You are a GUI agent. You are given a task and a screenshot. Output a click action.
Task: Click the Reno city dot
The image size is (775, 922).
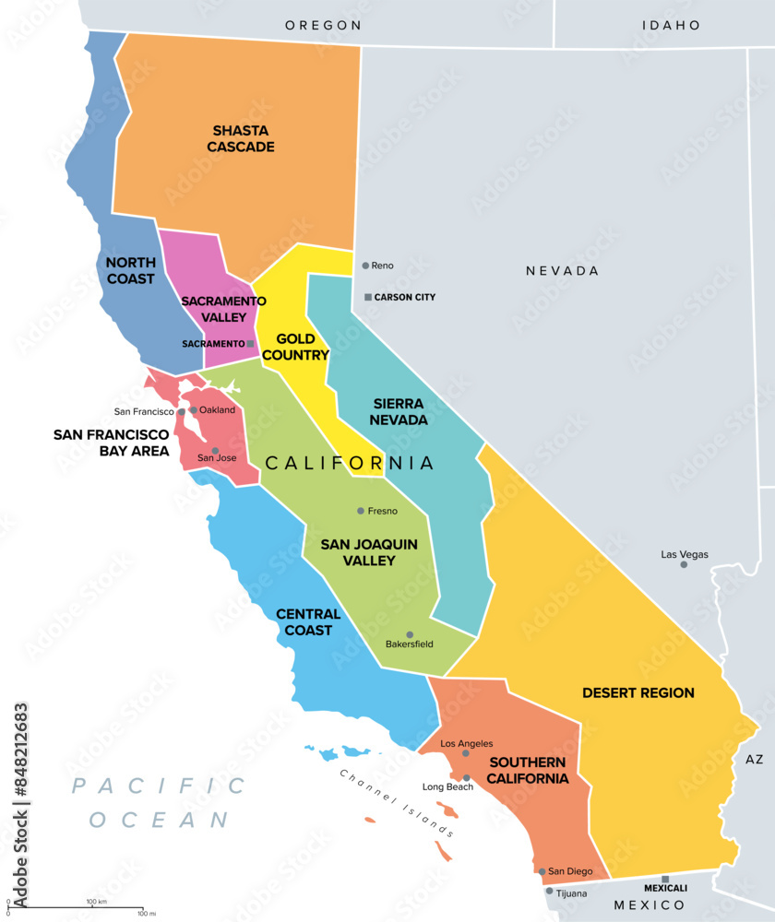click(365, 266)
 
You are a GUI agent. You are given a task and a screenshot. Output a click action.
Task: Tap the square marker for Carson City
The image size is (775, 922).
click(368, 297)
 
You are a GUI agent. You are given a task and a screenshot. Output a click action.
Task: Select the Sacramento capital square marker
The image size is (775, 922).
click(250, 343)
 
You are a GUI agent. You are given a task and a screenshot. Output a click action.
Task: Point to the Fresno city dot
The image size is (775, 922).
click(361, 511)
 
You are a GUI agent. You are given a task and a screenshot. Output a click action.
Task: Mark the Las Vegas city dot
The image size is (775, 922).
click(684, 564)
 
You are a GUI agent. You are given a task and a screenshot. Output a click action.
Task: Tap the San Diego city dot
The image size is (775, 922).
click(542, 871)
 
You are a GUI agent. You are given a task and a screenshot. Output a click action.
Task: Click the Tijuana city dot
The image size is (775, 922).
click(549, 892)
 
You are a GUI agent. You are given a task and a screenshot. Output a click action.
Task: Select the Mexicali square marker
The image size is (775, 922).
click(665, 879)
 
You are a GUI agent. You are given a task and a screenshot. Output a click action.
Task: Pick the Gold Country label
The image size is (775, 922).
click(295, 347)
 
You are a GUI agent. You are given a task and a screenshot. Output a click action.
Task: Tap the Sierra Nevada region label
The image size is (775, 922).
click(399, 411)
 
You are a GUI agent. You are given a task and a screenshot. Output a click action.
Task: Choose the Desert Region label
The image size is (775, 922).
click(638, 692)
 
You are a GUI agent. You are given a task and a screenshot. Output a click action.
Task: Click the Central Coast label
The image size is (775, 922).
click(308, 621)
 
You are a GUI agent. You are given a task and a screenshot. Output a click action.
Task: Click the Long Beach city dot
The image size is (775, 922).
click(467, 778)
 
